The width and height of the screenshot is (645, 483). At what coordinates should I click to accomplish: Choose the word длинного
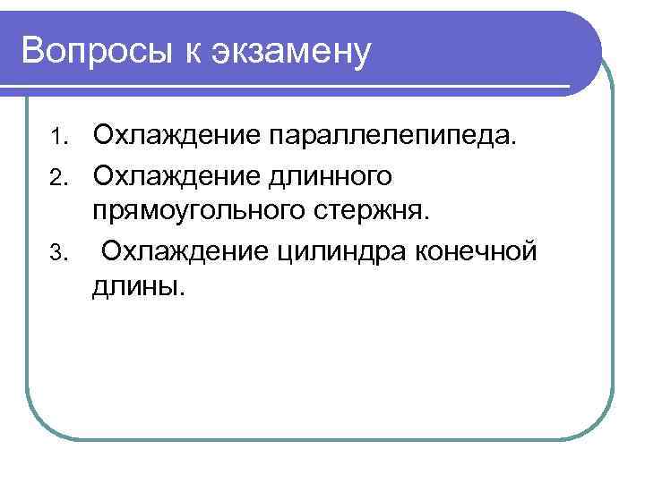[x=330, y=175]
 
